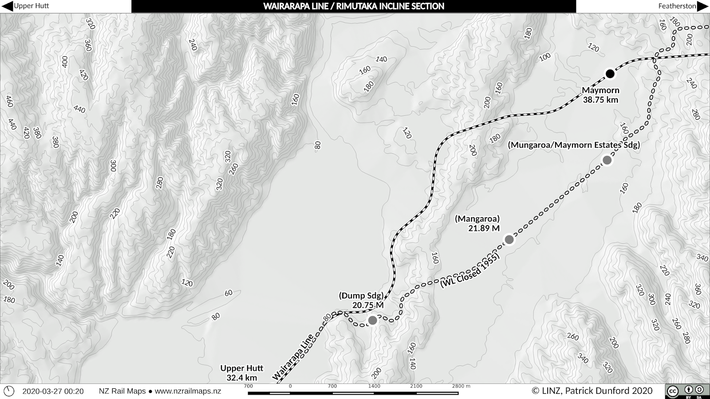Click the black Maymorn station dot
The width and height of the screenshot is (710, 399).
pos(610,74)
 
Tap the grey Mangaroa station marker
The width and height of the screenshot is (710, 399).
pos(509,239)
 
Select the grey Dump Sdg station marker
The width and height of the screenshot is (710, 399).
pos(373,320)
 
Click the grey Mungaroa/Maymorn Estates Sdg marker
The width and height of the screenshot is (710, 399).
pos(607,160)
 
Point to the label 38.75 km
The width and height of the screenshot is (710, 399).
pos(600,100)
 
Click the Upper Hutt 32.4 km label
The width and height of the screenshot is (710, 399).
pos(242,373)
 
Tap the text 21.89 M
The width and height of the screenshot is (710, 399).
pos(484,228)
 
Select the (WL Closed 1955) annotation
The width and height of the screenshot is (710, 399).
pos(470,272)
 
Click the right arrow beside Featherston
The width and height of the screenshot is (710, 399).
pos(703,6)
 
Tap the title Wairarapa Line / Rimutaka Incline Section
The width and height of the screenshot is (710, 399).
pos(354,6)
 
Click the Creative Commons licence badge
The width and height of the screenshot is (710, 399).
pos(686,391)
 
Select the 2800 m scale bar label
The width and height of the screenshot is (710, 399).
pos(461,386)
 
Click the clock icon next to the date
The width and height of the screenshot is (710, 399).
pos(9,391)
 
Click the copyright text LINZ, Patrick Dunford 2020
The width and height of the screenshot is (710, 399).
pos(592,391)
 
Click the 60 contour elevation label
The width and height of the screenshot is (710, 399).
pos(229,293)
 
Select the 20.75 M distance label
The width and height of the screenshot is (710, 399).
pos(368,305)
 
